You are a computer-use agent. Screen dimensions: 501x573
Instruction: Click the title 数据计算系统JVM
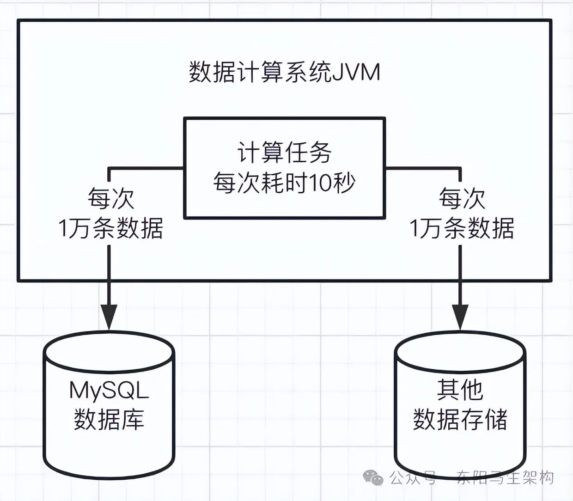(x=284, y=73)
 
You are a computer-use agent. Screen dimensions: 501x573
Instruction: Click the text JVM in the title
(x=356, y=73)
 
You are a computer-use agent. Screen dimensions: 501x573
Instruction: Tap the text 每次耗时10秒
(x=284, y=183)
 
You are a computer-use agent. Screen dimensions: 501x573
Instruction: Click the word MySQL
(x=109, y=391)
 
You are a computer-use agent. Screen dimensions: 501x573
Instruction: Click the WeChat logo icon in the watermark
(x=373, y=477)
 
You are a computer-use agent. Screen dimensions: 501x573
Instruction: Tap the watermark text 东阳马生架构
(x=505, y=477)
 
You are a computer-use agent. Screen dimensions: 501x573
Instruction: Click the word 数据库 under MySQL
(x=109, y=419)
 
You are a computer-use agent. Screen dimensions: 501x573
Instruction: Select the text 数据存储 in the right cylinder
(x=460, y=419)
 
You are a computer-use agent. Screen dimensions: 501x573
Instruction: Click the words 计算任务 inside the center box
(x=284, y=153)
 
